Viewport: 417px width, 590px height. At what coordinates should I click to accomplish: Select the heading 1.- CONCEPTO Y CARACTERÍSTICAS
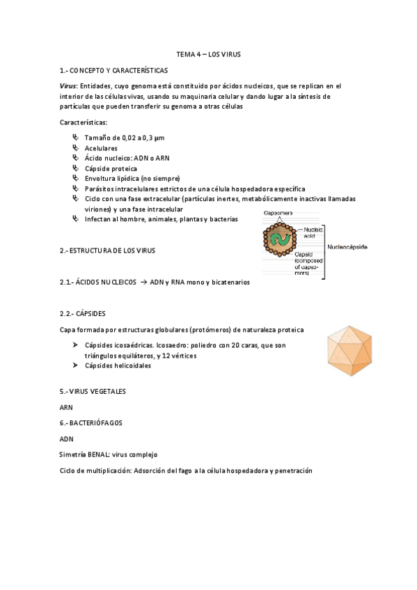click(x=113, y=70)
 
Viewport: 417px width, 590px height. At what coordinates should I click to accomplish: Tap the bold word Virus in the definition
click(x=68, y=86)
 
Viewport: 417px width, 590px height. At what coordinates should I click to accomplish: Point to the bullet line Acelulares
click(x=101, y=148)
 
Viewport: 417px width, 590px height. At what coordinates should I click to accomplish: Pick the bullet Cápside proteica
click(x=111, y=168)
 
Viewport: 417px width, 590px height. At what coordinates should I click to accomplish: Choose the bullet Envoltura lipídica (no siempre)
click(x=122, y=178)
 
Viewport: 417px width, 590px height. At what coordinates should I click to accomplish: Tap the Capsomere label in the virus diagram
click(x=278, y=213)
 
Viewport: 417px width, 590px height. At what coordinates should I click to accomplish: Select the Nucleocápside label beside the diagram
click(x=349, y=247)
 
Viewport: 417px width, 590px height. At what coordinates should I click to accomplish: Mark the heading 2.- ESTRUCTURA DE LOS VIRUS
click(x=107, y=250)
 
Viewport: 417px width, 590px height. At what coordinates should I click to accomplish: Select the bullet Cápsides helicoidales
click(x=118, y=365)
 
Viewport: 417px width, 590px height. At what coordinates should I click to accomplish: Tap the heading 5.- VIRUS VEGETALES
click(x=93, y=392)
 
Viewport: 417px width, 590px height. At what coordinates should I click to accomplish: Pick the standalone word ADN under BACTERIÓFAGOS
click(x=67, y=439)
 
